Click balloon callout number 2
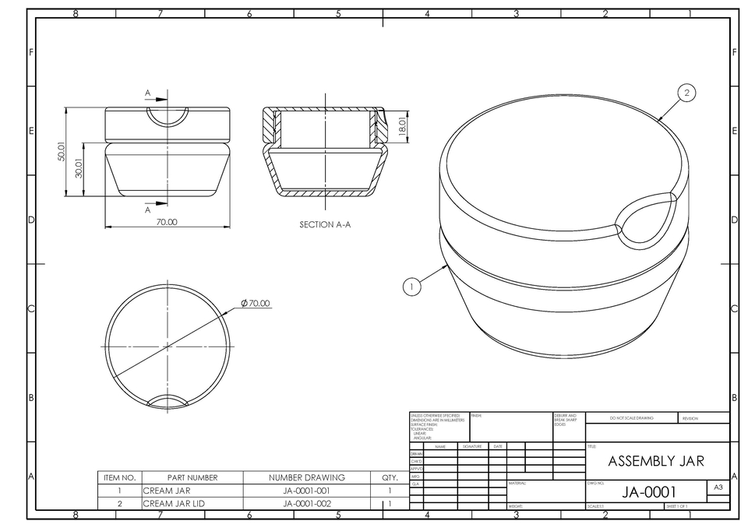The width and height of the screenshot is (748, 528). pos(686,93)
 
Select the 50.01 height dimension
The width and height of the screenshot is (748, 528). pos(62,151)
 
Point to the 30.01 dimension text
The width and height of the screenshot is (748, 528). pos(79,169)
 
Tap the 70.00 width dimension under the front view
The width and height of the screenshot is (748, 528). pos(167,222)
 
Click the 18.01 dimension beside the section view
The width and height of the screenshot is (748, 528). pos(403,126)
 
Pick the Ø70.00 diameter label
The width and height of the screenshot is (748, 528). pos(256,302)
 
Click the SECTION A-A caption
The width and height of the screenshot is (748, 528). pos(325,224)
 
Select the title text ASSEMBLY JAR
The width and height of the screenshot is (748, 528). pos(655,461)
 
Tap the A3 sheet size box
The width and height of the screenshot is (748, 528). pos(718,487)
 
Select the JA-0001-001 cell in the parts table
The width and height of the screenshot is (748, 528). pos(306,491)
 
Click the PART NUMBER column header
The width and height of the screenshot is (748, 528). pos(192,477)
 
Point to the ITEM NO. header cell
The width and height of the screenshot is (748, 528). pos(120,477)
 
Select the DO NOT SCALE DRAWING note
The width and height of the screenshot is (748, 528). pos(631,418)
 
